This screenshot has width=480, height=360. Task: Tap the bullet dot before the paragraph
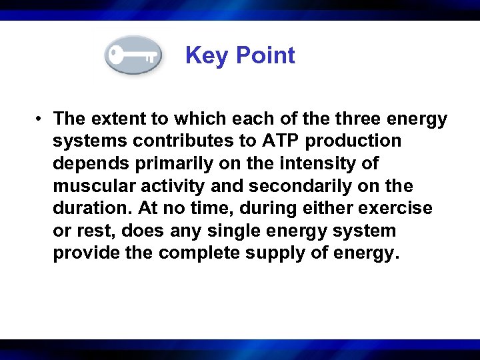click(x=41, y=119)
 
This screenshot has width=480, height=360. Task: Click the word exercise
click(x=395, y=209)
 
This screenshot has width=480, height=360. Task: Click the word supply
click(x=275, y=254)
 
